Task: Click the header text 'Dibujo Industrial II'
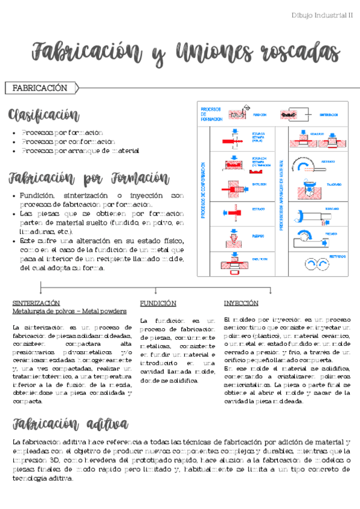(322, 15)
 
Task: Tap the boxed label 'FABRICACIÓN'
(40, 88)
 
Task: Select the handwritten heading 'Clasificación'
(43, 115)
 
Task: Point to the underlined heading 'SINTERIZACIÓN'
(36, 303)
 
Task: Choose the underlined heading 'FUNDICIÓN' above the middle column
(158, 303)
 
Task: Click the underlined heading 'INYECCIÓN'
(241, 303)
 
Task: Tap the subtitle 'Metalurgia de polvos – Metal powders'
(69, 312)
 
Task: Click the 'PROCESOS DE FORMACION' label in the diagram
(211, 113)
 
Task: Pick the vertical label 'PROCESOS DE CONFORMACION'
(203, 189)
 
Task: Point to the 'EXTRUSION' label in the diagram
(260, 185)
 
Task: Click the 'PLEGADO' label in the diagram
(259, 236)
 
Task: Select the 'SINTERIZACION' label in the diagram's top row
(329, 114)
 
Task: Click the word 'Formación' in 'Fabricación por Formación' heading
(140, 178)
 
